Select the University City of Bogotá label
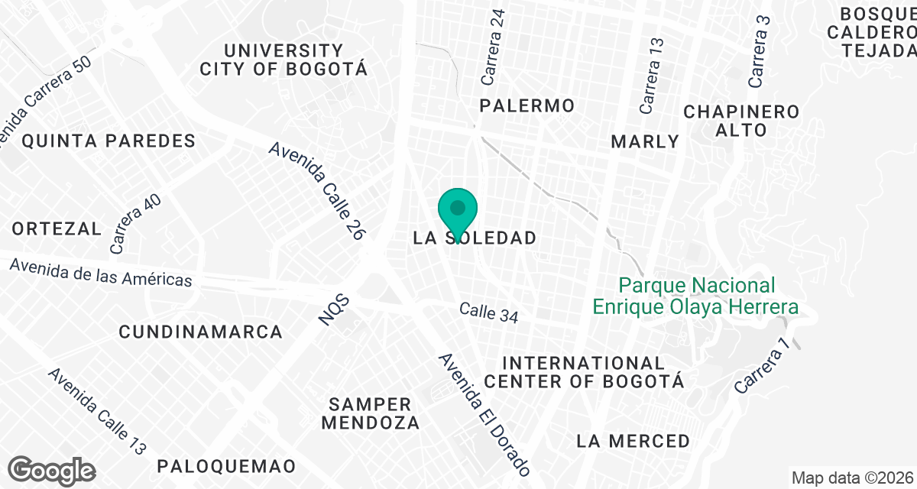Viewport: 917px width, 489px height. coord(284,60)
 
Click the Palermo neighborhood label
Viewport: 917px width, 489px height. coord(527,105)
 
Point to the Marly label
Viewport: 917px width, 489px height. coord(645,141)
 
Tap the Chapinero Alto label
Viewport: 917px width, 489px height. coord(741,121)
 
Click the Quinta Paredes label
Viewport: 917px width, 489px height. coord(109,141)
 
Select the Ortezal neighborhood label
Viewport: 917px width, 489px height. coord(57,228)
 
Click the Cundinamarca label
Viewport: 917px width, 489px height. coord(201,332)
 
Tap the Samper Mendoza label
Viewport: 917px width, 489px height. coord(374,413)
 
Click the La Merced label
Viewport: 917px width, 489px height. coord(633,441)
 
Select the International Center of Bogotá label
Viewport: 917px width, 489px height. coord(584,371)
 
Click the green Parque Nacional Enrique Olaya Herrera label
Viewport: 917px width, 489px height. coord(696,296)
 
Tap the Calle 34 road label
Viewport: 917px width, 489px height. coord(489,313)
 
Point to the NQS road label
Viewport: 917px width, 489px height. coord(333,312)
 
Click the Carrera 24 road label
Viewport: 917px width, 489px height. coord(493,58)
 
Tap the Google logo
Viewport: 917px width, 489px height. coord(52,470)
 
